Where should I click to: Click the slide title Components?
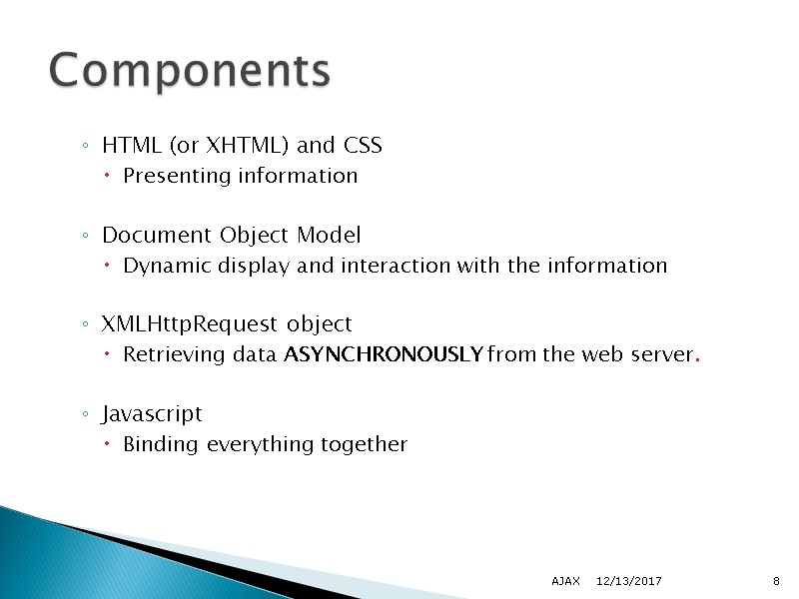click(190, 72)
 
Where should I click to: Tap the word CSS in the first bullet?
click(363, 146)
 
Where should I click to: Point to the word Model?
click(329, 236)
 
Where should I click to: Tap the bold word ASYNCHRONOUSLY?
click(385, 355)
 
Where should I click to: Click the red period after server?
click(696, 359)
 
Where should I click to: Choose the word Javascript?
click(152, 414)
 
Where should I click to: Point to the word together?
click(364, 445)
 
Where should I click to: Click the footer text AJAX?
click(565, 581)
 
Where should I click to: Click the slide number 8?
click(776, 581)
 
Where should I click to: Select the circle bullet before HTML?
click(87, 148)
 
